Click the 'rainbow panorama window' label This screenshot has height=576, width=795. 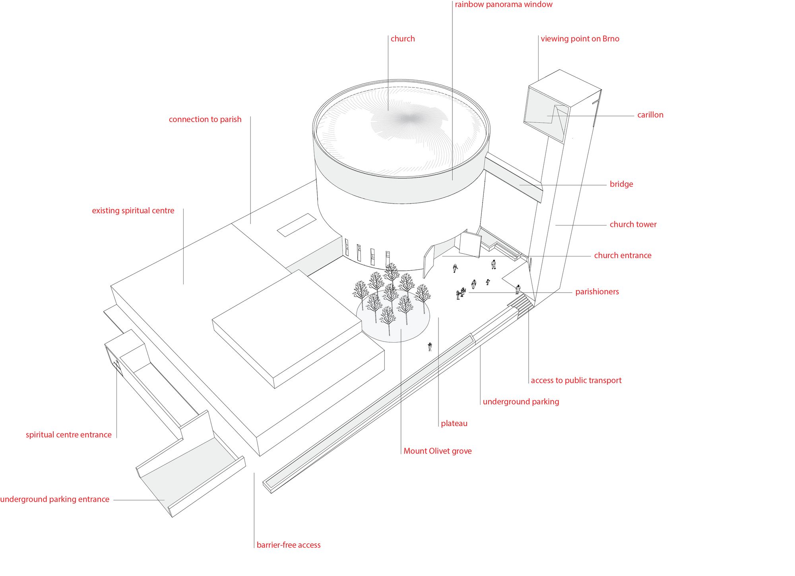pyautogui.click(x=503, y=5)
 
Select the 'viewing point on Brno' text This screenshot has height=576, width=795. pyautogui.click(x=580, y=39)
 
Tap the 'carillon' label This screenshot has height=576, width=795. pyautogui.click(x=650, y=115)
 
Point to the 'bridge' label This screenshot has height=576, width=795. pyautogui.click(x=621, y=184)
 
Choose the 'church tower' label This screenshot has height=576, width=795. pyautogui.click(x=633, y=225)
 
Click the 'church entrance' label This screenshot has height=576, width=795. pyautogui.click(x=622, y=256)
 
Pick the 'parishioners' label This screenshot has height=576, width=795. pyautogui.click(x=597, y=292)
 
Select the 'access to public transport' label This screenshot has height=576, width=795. pyautogui.click(x=576, y=380)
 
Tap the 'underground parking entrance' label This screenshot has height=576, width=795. pyautogui.click(x=55, y=499)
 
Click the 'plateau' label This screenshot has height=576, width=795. pyautogui.click(x=454, y=424)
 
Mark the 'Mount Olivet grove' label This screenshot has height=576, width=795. pyautogui.click(x=437, y=451)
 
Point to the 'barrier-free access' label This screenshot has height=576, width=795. pyautogui.click(x=288, y=545)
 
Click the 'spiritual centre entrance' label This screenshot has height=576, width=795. pyautogui.click(x=68, y=435)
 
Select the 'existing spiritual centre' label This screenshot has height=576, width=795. pyautogui.click(x=133, y=211)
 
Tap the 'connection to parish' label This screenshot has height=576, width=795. pyautogui.click(x=205, y=119)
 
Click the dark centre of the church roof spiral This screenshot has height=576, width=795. pyautogui.click(x=407, y=118)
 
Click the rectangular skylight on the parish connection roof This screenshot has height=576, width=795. pyautogui.click(x=296, y=225)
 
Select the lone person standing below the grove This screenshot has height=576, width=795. pyautogui.click(x=430, y=347)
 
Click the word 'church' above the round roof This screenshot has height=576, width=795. pyautogui.click(x=402, y=39)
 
